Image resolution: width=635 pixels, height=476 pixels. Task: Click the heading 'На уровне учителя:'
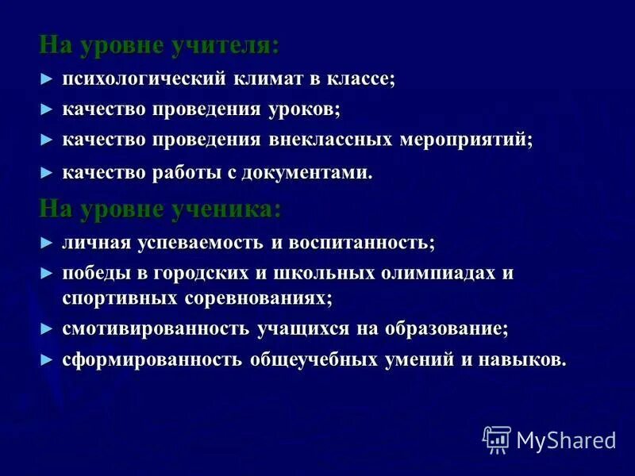(x=159, y=46)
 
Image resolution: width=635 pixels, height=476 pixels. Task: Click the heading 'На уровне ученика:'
(x=159, y=209)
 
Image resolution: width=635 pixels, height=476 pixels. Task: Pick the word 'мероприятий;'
(x=466, y=140)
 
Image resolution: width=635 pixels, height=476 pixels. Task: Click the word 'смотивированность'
(x=157, y=328)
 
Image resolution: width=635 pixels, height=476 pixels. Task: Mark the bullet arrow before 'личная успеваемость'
(x=47, y=243)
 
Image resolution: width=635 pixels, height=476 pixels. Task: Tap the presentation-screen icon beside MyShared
(x=497, y=439)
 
